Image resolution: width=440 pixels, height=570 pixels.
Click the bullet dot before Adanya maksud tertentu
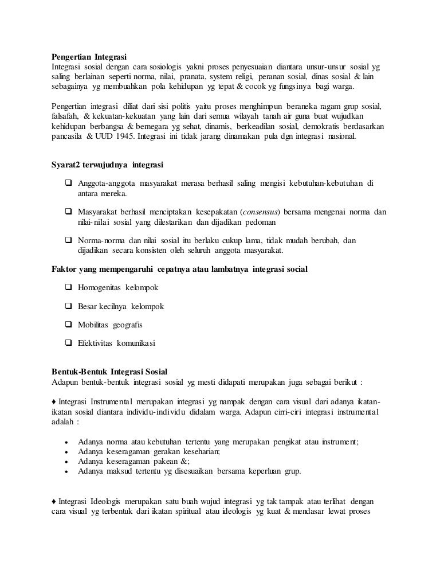pyautogui.click(x=67, y=472)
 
